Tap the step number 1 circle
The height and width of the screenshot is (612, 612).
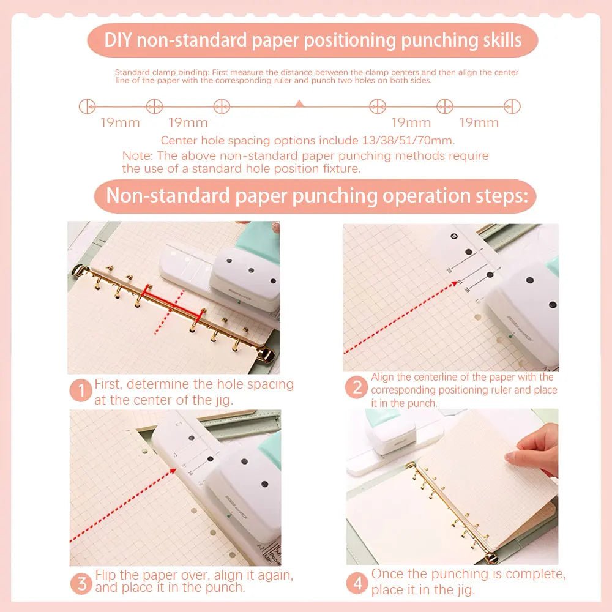coord(80,392)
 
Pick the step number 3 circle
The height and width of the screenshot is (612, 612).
coord(81,583)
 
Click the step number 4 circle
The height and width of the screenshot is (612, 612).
coord(358,583)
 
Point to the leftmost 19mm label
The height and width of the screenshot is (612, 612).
coord(120,122)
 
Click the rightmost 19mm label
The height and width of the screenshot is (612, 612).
coord(479,122)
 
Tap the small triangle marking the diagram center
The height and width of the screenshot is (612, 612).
coord(299,103)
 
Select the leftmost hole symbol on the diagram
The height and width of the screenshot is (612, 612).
coord(88,106)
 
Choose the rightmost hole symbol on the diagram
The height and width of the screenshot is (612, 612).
coord(512,106)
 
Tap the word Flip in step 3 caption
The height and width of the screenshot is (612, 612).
coord(106,576)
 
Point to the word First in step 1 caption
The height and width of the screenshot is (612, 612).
coord(108,385)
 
